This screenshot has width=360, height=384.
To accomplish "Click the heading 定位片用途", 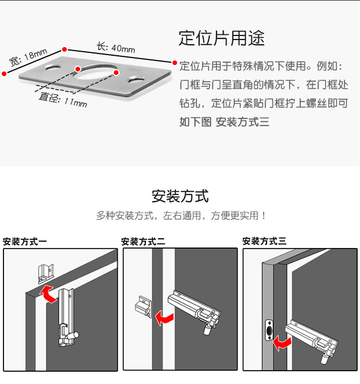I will click(x=221, y=38).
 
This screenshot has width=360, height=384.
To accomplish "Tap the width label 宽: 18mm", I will click(x=27, y=58).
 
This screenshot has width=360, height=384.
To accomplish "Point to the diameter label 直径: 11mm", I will click(x=63, y=100).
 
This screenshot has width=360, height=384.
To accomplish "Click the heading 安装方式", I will click(x=179, y=196).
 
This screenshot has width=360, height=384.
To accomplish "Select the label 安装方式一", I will click(x=25, y=241).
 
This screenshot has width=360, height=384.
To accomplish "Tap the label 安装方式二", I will click(x=143, y=241).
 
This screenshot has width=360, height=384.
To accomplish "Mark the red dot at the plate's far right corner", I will click(x=173, y=61).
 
